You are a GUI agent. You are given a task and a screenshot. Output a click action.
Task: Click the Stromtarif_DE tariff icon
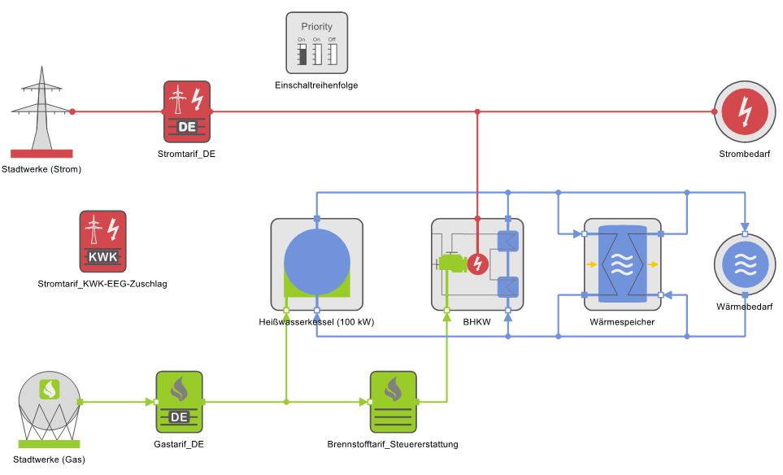187,112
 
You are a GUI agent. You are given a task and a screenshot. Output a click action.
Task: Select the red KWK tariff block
103,242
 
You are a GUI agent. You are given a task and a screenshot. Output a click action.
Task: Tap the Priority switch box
316,43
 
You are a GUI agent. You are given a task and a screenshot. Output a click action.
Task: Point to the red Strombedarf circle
745,112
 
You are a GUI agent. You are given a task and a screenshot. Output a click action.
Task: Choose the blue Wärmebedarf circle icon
745,264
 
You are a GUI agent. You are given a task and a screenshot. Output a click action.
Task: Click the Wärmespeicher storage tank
622,264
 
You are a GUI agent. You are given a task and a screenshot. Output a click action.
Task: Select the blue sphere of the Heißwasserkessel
316,262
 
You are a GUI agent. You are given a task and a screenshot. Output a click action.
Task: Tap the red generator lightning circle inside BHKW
477,264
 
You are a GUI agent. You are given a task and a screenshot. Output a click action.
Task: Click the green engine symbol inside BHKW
452,264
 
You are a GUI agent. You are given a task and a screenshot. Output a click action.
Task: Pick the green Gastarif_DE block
179,402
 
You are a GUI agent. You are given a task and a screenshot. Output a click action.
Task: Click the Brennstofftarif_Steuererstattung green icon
394,402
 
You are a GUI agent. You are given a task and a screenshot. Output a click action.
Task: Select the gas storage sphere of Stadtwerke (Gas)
50,399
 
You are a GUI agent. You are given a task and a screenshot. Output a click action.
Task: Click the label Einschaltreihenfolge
316,85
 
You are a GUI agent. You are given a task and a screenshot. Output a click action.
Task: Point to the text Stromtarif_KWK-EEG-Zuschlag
102,284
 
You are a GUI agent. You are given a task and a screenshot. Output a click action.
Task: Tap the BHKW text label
477,322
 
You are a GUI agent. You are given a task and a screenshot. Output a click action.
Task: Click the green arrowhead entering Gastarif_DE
150,402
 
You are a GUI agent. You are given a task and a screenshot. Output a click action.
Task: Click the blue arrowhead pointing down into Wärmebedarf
745,226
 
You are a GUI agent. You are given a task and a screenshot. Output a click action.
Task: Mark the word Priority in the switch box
316,27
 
